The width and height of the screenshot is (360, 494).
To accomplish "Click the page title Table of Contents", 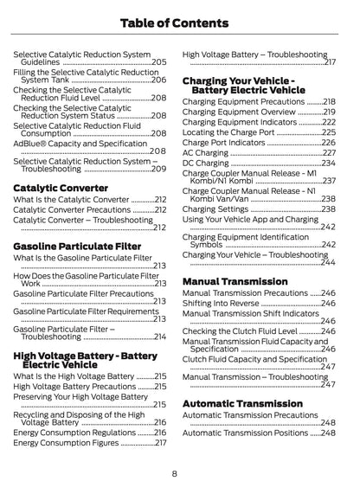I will pyautogui.click(x=180, y=22).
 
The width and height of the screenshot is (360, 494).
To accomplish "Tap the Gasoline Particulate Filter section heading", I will pyautogui.click(x=77, y=247).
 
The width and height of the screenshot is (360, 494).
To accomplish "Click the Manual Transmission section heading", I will pyautogui.click(x=235, y=281).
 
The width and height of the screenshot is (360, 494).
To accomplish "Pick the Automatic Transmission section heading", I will pyautogui.click(x=242, y=403).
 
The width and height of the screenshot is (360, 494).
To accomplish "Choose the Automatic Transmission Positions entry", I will pyautogui.click(x=240, y=433).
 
